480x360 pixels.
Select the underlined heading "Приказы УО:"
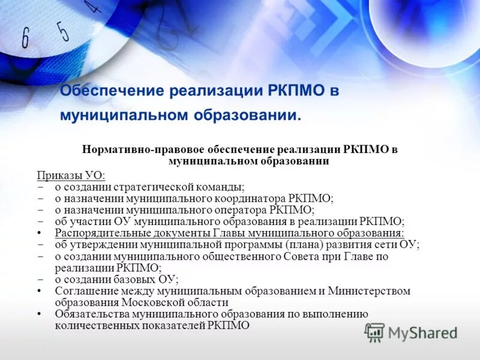71,175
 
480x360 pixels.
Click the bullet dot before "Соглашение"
40,291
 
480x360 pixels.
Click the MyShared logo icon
375,332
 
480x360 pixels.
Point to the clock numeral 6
25,39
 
